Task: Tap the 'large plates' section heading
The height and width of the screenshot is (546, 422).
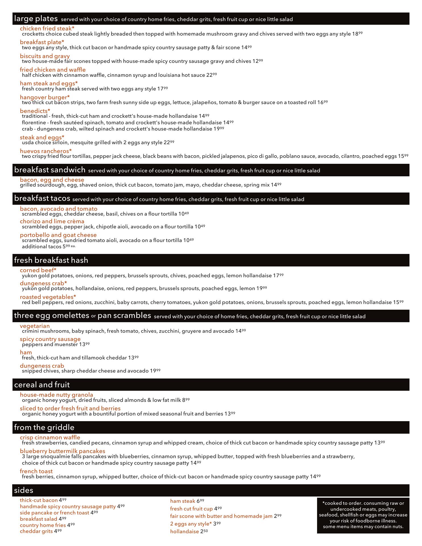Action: tap(36, 19)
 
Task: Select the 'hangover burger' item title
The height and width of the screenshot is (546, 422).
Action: tap(45, 97)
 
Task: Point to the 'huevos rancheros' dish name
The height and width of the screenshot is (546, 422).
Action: tap(45, 151)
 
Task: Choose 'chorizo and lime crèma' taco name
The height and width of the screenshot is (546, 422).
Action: tap(52, 221)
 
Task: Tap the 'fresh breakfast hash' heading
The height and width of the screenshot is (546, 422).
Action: tap(51, 260)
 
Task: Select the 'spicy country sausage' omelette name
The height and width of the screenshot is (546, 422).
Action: tap(50, 339)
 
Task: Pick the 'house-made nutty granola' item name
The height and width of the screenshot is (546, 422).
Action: tap(56, 395)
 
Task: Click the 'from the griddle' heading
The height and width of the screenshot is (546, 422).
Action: tap(44, 427)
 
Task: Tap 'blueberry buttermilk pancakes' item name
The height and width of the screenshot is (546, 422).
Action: tap(62, 451)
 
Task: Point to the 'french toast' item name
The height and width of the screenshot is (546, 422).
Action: tap(36, 471)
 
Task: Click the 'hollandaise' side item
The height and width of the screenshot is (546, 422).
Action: tap(184, 531)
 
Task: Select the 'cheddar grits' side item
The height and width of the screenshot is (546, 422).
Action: tap(36, 531)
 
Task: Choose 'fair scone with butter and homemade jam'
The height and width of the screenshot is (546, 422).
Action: tap(221, 516)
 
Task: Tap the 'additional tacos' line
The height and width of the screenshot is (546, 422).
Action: tap(48, 247)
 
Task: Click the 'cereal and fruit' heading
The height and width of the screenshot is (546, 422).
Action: tap(42, 385)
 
